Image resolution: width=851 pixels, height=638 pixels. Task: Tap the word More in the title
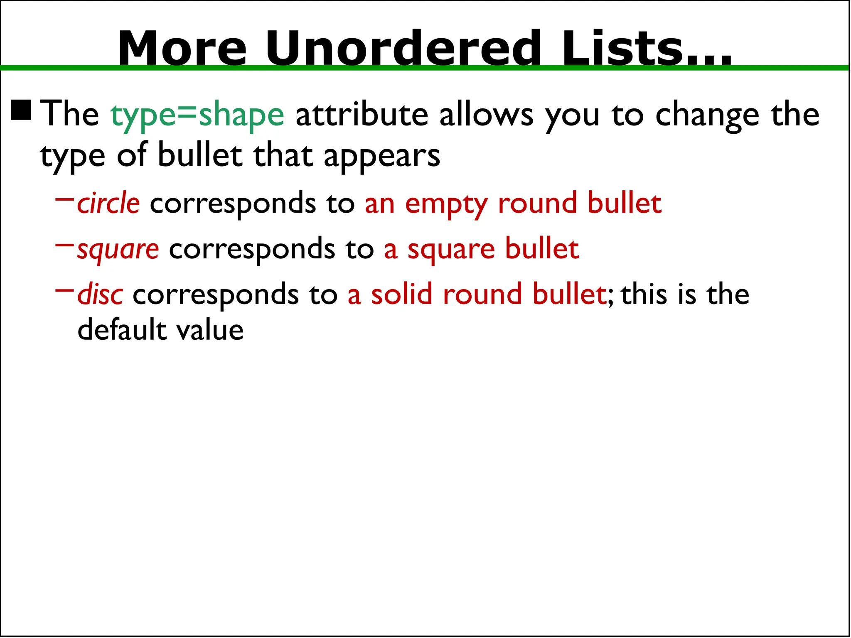[182, 48]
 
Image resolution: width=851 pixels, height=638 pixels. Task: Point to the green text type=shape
[197, 115]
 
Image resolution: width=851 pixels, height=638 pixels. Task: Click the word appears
[382, 157]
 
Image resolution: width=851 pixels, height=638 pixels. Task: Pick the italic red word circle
[108, 204]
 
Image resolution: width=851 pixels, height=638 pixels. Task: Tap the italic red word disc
[100, 294]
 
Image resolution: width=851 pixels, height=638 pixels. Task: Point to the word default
[122, 330]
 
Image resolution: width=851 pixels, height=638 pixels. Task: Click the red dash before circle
[64, 199]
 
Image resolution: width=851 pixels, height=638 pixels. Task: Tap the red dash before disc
[64, 290]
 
